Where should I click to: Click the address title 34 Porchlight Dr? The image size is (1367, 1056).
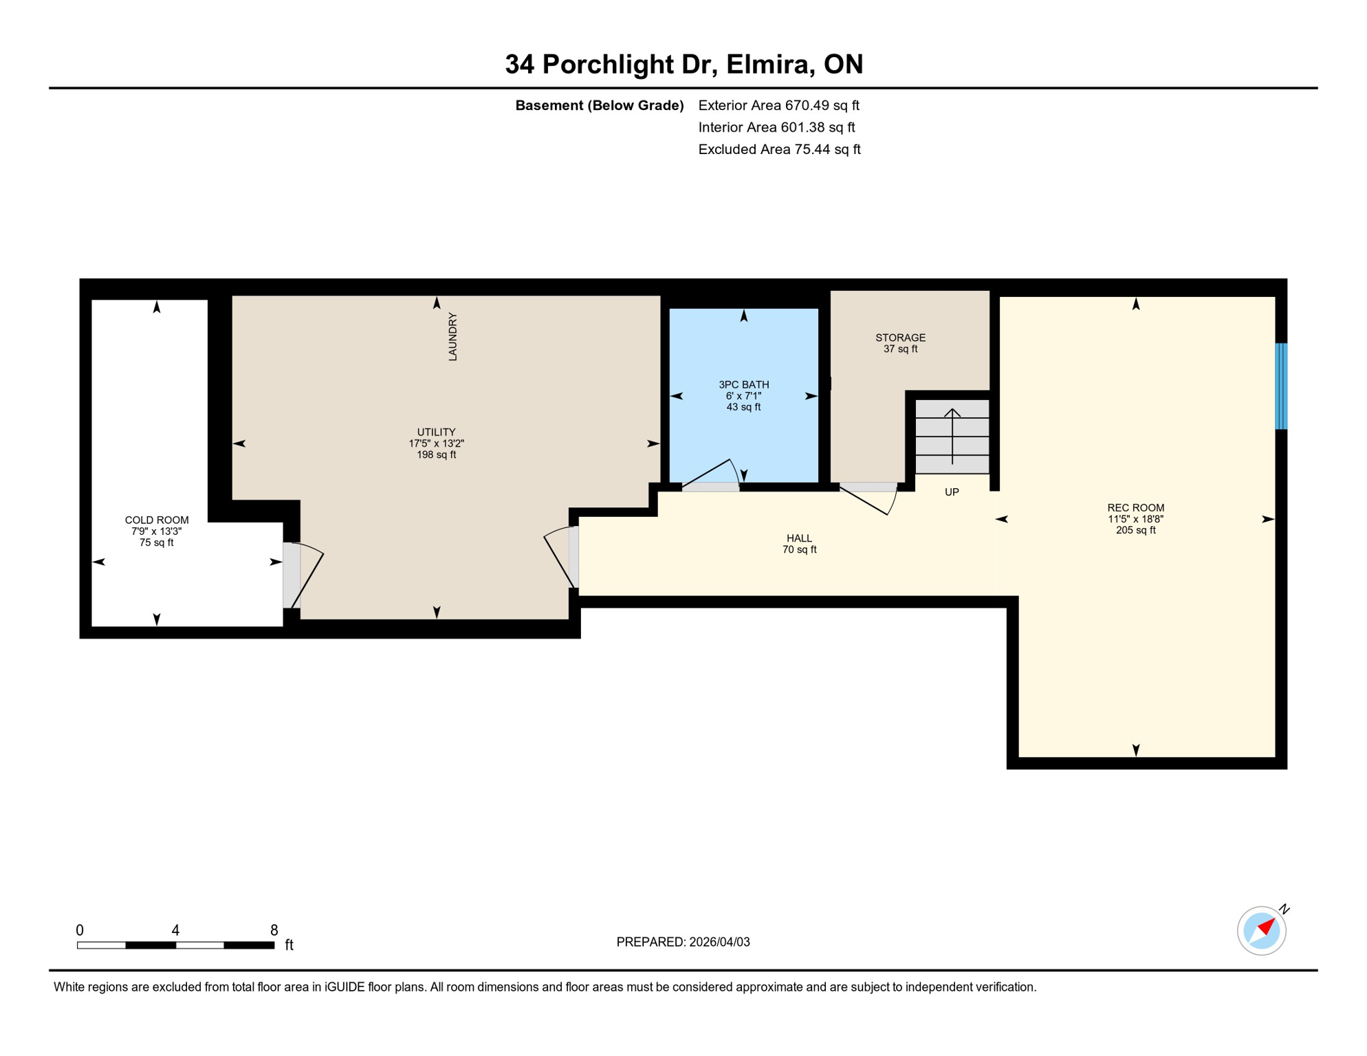[683, 64]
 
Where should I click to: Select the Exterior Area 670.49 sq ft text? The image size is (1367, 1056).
[778, 105]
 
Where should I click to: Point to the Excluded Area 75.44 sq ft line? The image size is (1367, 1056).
[779, 149]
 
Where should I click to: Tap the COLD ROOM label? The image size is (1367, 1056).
[157, 520]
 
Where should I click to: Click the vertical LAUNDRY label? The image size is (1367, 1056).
[452, 337]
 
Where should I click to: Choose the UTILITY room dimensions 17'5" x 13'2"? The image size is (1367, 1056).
[436, 444]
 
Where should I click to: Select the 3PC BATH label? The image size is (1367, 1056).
[743, 385]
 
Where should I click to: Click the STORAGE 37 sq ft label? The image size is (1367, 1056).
[900, 343]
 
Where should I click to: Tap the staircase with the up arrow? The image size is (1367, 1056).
[952, 437]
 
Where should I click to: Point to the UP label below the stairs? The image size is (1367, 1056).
[952, 492]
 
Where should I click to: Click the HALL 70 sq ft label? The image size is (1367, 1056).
[799, 544]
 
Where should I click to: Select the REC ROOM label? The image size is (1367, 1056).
[1135, 508]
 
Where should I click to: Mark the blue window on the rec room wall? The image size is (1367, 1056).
[1281, 386]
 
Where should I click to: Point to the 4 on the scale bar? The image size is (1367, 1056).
[175, 930]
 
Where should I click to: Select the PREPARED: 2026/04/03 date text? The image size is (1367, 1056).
[683, 942]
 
